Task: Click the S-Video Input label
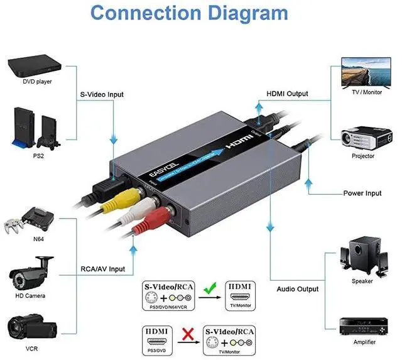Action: pos(102,95)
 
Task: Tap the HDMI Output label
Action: pos(287,94)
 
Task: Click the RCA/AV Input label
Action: pos(102,269)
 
